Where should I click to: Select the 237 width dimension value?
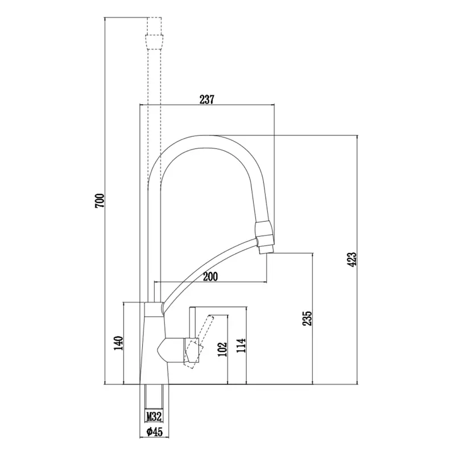click(206, 100)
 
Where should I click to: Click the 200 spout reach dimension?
click(210, 277)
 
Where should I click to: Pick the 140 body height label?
click(118, 344)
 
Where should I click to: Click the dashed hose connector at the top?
click(154, 40)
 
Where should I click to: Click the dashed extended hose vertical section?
click(154, 114)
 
